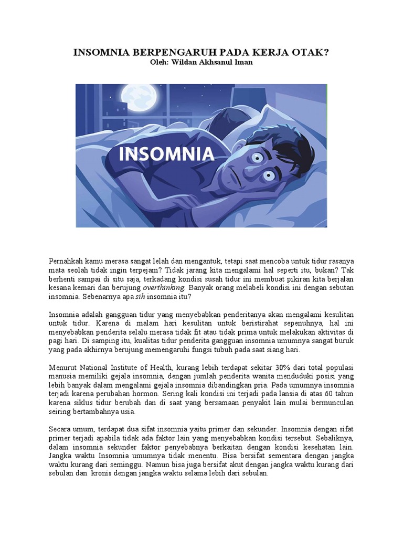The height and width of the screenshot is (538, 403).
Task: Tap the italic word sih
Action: click(140, 297)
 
